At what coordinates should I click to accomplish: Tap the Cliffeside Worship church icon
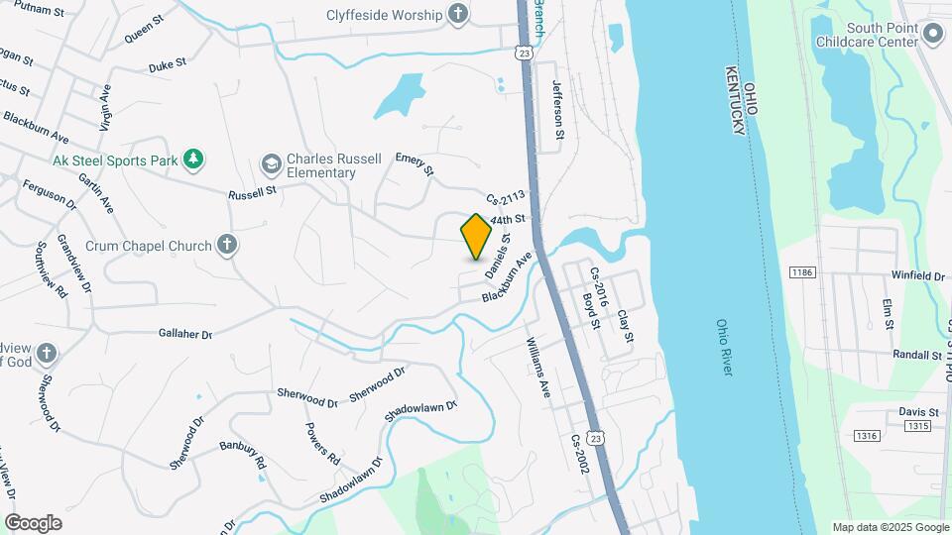click(x=457, y=14)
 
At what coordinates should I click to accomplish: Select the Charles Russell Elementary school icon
click(x=270, y=163)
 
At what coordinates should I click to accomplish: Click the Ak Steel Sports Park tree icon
click(x=193, y=160)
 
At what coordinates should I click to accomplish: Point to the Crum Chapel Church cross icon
click(x=227, y=245)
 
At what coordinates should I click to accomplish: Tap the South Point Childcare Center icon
click(x=932, y=35)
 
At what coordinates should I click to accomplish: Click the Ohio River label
click(x=724, y=347)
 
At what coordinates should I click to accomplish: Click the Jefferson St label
click(x=558, y=109)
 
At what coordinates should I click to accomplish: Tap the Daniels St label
click(x=497, y=256)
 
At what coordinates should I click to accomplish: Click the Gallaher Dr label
click(x=185, y=334)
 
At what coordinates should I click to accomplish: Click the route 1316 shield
click(x=867, y=436)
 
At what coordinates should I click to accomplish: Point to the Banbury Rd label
click(x=243, y=456)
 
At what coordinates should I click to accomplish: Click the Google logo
click(x=33, y=522)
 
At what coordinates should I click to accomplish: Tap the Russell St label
click(x=252, y=194)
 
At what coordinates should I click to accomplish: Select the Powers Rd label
click(x=322, y=445)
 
